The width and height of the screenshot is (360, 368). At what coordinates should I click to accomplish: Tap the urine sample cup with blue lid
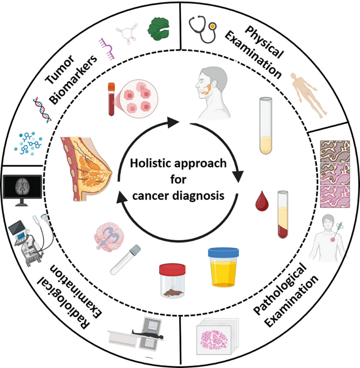(x=224, y=268)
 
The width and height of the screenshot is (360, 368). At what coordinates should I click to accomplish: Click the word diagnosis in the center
(x=203, y=195)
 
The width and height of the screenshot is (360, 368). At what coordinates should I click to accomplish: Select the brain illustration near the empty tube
(x=111, y=235)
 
